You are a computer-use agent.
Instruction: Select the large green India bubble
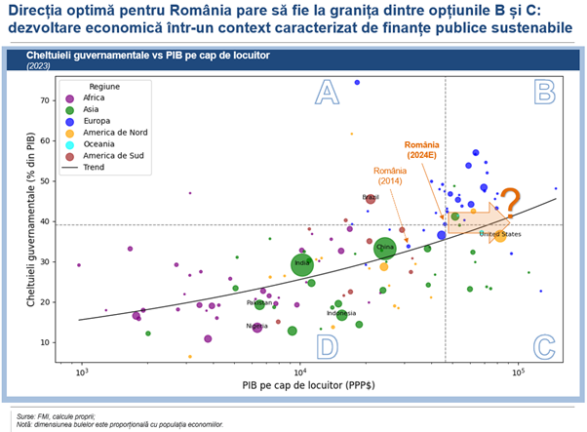[302, 263]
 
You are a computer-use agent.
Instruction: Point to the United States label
[499, 234]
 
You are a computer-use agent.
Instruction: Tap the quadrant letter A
[328, 93]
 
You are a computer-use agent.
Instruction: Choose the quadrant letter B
[543, 93]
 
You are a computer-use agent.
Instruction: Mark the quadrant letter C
[543, 346]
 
